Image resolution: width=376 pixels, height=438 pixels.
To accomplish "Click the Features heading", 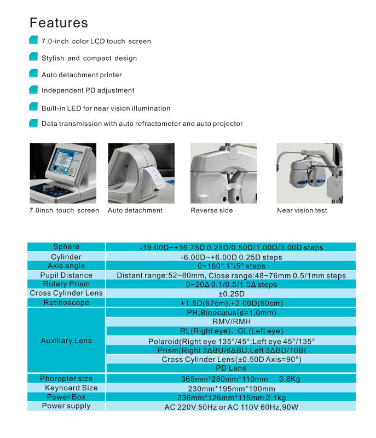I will (59, 23).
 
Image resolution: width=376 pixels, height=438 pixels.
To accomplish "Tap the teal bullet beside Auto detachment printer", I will (33, 74).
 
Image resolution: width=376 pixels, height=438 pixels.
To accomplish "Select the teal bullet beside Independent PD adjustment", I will (33, 90).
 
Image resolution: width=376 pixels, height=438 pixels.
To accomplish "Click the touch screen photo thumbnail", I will (63, 172).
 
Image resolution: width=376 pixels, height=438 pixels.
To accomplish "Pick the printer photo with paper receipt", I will (141, 172).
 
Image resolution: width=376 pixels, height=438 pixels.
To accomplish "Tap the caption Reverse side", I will (211, 210).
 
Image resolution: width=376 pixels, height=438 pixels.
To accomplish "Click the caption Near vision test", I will (302, 210).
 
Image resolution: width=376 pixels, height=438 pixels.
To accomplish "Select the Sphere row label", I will (66, 247).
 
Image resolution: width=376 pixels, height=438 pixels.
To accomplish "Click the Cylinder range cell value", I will (231, 257).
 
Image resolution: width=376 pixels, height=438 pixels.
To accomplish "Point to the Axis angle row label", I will (66, 266).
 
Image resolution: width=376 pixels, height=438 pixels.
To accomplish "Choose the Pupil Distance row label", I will (66, 275).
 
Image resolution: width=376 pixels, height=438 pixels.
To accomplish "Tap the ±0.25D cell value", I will (231, 293).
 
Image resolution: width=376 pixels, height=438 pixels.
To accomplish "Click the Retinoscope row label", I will (66, 302).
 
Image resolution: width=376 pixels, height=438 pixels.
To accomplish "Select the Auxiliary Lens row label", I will (66, 341).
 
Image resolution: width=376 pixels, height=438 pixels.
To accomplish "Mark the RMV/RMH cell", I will (231, 322).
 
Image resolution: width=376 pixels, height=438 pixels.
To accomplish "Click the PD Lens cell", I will (231, 368).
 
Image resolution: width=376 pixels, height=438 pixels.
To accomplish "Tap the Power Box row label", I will (66, 397).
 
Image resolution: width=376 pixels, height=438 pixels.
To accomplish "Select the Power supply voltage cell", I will (231, 407).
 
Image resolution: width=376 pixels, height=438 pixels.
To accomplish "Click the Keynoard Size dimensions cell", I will (231, 388).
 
